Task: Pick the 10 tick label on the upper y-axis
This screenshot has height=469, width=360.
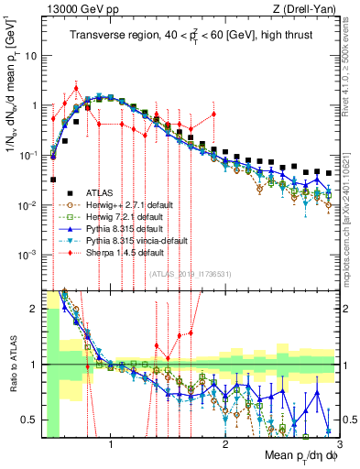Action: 29,55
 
